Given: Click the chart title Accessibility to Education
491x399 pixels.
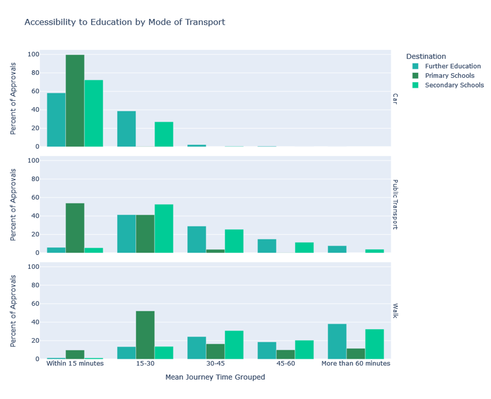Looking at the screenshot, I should click(x=125, y=22).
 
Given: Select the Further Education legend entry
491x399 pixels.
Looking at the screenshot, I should click(x=453, y=66).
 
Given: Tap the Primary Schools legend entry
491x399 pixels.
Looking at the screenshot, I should click(x=449, y=75).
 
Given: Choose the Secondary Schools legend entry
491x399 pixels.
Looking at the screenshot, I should click(x=454, y=85).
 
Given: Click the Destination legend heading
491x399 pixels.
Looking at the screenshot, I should click(x=426, y=56).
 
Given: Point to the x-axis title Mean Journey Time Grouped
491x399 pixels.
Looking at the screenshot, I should click(x=215, y=377).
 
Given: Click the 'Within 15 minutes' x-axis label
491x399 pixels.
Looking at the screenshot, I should click(x=75, y=363).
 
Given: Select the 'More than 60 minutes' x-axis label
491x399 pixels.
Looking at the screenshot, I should click(x=356, y=363).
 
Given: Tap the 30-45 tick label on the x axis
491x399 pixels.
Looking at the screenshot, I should click(x=215, y=363).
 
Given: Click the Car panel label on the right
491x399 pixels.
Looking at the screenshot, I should click(x=395, y=99).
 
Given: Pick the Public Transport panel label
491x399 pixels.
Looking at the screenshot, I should click(x=395, y=205).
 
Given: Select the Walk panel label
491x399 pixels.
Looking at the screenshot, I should click(x=395, y=310).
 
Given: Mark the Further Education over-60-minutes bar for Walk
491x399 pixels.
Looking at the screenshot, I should click(x=337, y=341).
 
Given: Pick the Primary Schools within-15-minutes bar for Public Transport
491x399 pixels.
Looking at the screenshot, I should click(x=75, y=228).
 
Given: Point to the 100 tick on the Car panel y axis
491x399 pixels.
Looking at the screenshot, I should click(x=33, y=54).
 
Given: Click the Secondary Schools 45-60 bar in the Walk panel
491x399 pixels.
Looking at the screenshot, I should click(x=304, y=350).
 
